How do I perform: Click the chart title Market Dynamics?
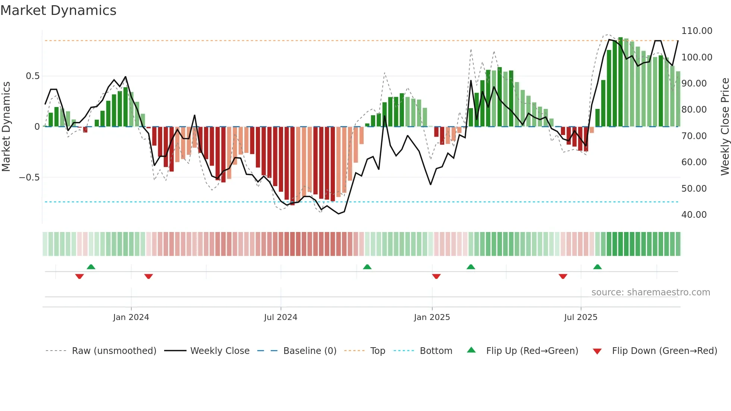[58, 10]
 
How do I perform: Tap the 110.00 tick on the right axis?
[697, 31]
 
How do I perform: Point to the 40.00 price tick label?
[694, 215]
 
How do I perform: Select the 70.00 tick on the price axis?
[694, 136]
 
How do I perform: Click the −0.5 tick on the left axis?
[29, 178]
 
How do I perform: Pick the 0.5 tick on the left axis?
[32, 76]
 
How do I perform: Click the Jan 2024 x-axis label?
[131, 317]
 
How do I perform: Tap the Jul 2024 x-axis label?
[280, 317]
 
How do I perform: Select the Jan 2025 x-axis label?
[432, 317]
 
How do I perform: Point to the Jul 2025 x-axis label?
[581, 317]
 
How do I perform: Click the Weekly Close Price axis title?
[725, 127]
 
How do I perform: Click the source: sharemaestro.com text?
[650, 292]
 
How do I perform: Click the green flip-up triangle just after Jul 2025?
[597, 267]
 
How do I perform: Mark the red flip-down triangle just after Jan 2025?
[436, 276]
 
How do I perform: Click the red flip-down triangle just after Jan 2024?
[148, 276]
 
